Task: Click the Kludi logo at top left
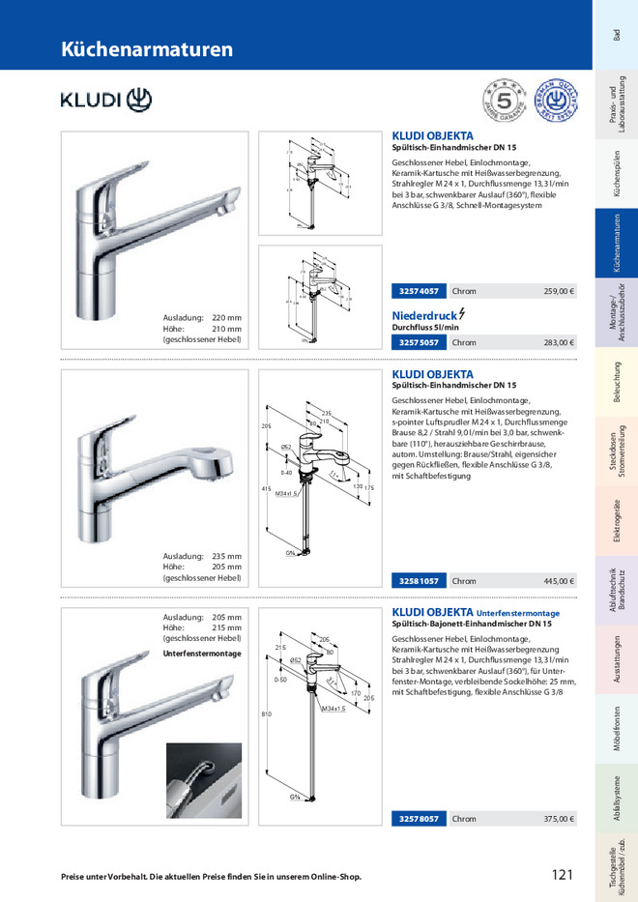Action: click(x=106, y=100)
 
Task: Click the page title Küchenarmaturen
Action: click(x=147, y=49)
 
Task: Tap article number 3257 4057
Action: click(x=418, y=291)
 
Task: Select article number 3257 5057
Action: click(x=418, y=342)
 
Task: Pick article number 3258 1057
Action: click(x=418, y=581)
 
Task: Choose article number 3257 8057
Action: click(x=418, y=819)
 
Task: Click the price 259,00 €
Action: click(x=559, y=291)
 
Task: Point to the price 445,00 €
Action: click(x=559, y=581)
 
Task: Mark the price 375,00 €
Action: click(x=559, y=819)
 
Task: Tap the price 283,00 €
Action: click(x=559, y=342)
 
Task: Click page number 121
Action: click(x=563, y=875)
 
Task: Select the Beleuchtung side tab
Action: click(x=616, y=382)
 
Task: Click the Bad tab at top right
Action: click(x=616, y=35)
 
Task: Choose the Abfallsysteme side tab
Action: click(x=616, y=800)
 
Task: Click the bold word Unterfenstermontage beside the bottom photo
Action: click(x=202, y=654)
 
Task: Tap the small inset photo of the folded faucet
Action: click(x=203, y=780)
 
